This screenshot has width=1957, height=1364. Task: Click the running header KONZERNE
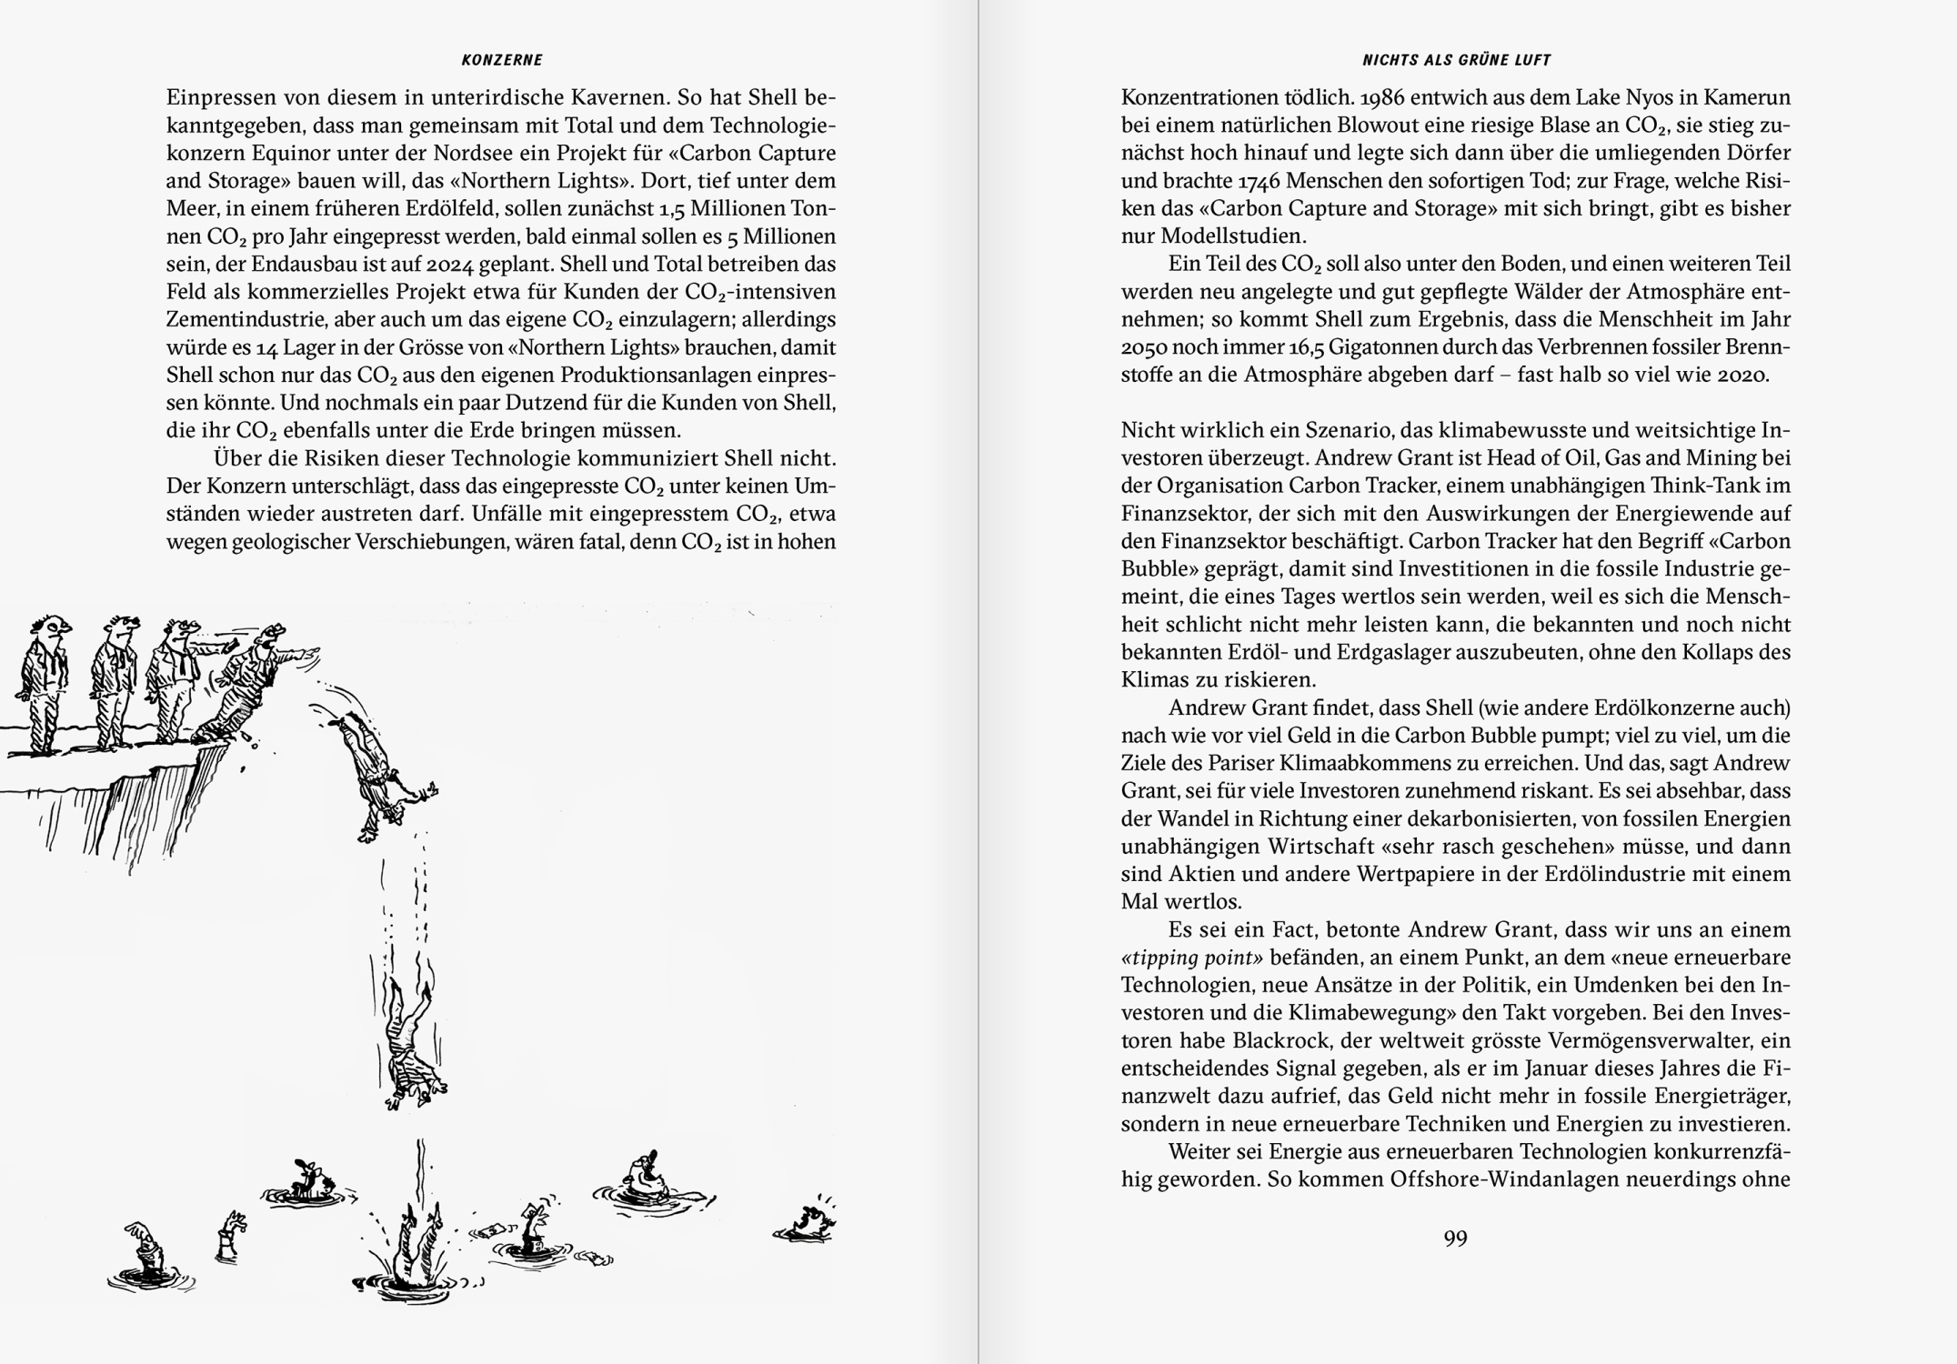click(501, 60)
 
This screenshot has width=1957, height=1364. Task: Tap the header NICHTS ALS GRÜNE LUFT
click(1456, 60)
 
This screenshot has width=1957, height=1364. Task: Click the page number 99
click(1455, 1238)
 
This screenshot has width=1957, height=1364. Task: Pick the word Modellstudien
click(1233, 236)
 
